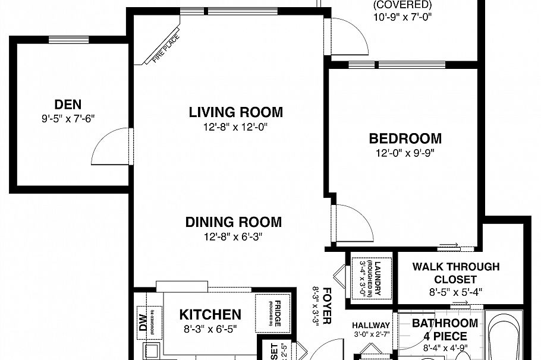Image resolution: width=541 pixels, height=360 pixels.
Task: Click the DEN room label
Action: click(68, 105)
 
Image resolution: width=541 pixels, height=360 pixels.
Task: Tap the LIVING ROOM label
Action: click(235, 112)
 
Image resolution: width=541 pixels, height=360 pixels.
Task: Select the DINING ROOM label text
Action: click(233, 222)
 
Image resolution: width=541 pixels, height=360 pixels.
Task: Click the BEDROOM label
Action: click(405, 138)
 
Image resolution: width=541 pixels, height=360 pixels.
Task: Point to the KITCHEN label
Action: click(210, 314)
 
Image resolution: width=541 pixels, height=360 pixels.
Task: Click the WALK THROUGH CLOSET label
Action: click(455, 273)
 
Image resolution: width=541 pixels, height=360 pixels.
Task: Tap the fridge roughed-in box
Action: click(272, 313)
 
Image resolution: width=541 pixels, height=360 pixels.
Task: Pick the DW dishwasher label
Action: click(142, 321)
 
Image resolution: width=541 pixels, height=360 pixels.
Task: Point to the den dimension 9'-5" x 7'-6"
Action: click(68, 118)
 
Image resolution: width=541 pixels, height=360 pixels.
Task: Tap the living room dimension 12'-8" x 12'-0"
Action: click(235, 126)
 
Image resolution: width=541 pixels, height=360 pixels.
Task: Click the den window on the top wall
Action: click(68, 40)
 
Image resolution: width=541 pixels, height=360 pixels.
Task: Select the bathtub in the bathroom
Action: click(504, 336)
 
